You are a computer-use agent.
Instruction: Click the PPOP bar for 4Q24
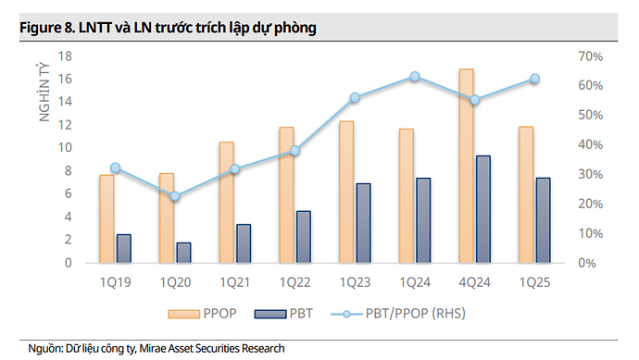pyautogui.click(x=467, y=167)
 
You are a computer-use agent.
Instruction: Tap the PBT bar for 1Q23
pyautogui.click(x=363, y=223)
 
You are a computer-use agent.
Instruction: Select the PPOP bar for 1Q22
pyautogui.click(x=286, y=195)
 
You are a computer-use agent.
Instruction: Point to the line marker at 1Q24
pyautogui.click(x=415, y=77)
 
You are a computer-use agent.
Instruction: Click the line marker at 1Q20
pyautogui.click(x=175, y=196)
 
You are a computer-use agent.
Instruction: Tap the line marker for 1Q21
pyautogui.click(x=235, y=168)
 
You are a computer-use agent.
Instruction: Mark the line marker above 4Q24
pyautogui.click(x=475, y=100)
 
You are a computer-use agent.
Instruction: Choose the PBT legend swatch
pyautogui.click(x=275, y=314)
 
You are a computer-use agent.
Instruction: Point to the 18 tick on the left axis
pyautogui.click(x=65, y=56)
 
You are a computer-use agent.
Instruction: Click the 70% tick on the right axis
pyautogui.click(x=588, y=56)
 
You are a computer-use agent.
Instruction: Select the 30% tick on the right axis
pyautogui.click(x=588, y=174)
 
